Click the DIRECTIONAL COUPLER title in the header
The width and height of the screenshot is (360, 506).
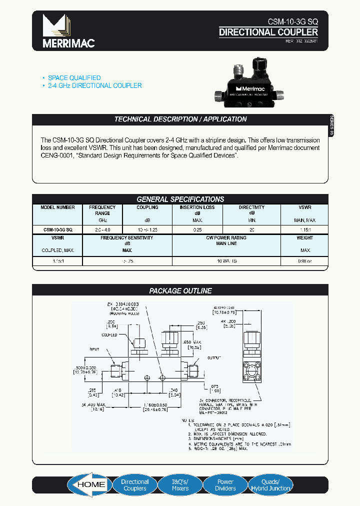point(268,32)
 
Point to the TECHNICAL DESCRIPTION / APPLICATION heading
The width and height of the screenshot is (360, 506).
point(180,119)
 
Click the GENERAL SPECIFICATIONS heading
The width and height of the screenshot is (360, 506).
point(180,199)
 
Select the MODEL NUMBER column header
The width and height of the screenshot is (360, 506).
point(57,207)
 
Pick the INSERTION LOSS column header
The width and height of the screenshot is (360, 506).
point(197,207)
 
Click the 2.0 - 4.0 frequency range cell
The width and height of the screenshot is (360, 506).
point(102,229)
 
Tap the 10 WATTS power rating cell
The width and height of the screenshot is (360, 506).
point(226,260)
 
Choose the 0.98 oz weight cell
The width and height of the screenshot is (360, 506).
point(304,260)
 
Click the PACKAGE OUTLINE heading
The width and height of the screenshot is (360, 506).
point(180,290)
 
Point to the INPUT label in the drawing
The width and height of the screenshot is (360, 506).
point(94,349)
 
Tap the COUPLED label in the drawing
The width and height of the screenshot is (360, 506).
point(109,335)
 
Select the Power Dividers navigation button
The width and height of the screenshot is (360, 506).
point(225,485)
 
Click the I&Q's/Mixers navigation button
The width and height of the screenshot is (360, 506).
point(180,485)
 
